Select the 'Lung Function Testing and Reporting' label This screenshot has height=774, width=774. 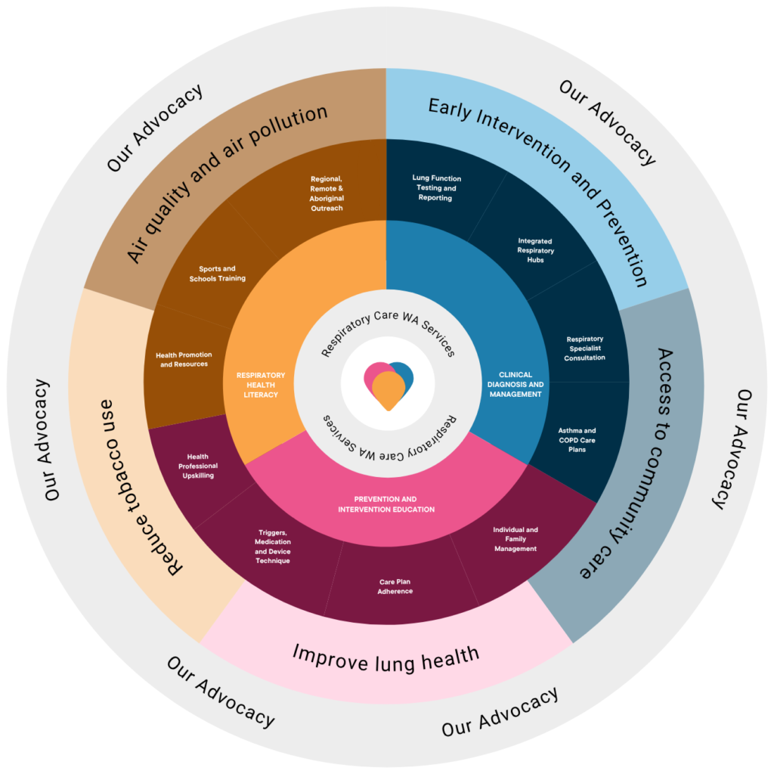tap(436, 188)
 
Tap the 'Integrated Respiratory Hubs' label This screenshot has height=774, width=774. tap(536, 250)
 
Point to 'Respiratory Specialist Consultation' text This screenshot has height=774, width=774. tap(585, 348)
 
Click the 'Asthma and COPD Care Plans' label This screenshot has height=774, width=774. tap(577, 440)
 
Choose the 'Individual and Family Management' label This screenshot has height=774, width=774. tap(515, 539)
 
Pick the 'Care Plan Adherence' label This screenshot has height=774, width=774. tap(395, 587)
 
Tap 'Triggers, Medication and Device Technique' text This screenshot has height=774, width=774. tap(272, 546)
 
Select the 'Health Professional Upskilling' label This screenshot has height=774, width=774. tap(198, 466)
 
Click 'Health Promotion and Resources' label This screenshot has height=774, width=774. tap(184, 359)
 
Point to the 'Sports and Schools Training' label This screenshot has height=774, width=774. tap(217, 274)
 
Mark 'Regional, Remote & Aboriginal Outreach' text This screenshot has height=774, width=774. tap(327, 193)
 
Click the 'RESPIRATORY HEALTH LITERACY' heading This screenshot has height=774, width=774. tap(261, 385)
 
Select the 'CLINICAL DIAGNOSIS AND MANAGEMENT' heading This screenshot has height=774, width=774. tap(515, 385)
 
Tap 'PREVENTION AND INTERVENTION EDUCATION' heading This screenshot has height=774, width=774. tap(386, 504)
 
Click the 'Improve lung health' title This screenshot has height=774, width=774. tap(386, 659)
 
